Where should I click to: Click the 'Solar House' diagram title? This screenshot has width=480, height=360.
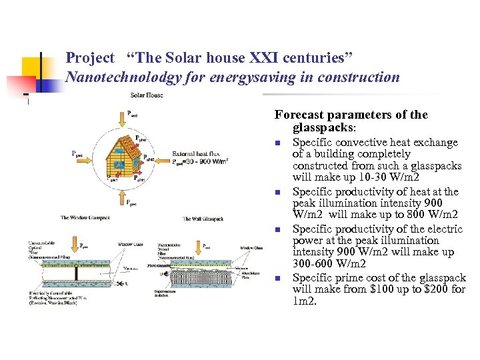tap(147, 95)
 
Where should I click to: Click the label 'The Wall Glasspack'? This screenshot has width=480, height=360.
tap(203, 219)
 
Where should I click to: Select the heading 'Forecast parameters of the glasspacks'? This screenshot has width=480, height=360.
tap(351, 120)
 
